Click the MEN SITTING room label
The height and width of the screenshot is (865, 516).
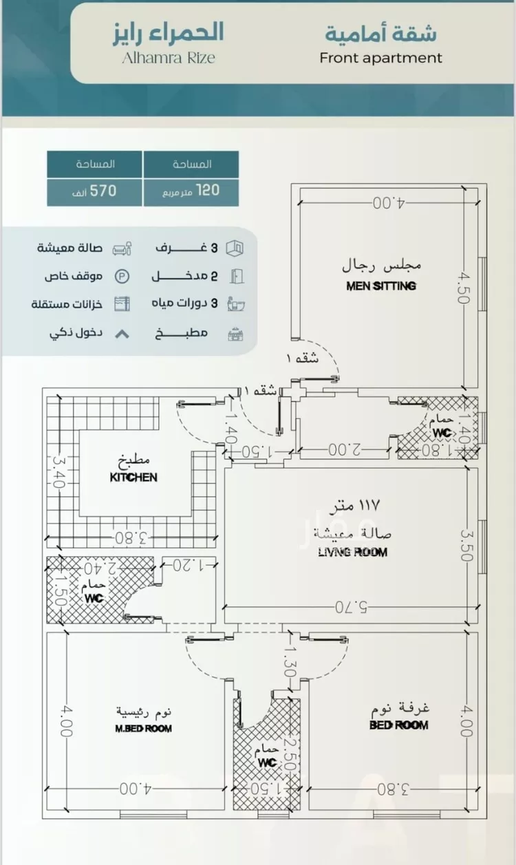click(x=381, y=286)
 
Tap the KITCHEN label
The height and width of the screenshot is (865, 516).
click(x=133, y=477)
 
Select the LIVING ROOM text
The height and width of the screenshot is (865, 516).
click(x=352, y=551)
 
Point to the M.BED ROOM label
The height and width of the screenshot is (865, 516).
click(x=143, y=728)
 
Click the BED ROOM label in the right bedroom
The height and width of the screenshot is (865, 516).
click(x=398, y=725)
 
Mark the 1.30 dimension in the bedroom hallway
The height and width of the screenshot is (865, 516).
click(x=290, y=663)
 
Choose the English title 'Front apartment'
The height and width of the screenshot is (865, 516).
click(x=380, y=58)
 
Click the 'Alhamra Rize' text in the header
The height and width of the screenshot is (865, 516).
click(x=168, y=58)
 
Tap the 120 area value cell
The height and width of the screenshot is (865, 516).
click(x=191, y=190)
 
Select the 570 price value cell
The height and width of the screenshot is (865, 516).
click(x=95, y=190)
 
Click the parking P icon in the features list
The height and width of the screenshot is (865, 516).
click(x=121, y=277)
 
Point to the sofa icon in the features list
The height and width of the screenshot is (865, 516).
click(x=121, y=248)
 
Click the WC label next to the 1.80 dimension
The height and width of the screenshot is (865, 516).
click(x=441, y=431)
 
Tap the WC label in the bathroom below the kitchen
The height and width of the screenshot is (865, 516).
click(x=94, y=598)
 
